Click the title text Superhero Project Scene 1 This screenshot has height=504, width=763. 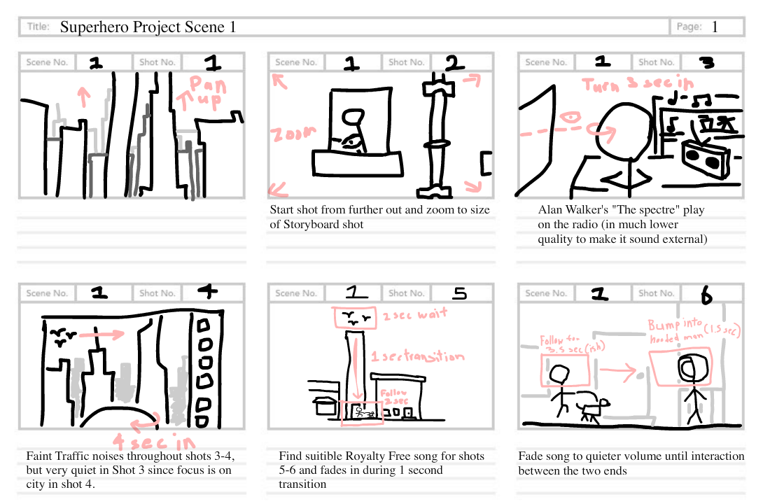148,27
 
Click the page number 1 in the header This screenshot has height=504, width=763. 715,27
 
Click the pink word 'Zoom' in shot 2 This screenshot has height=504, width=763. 290,134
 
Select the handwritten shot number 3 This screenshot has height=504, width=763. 707,62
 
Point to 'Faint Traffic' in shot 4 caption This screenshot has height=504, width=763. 58,456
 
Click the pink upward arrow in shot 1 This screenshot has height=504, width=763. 84,96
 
